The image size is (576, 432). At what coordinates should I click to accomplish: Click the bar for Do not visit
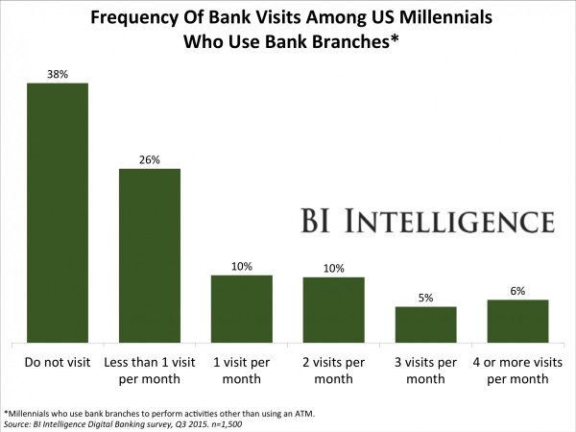pos(57,212)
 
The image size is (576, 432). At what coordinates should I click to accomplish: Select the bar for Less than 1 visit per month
pos(149,254)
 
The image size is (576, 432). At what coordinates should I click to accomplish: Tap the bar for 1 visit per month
pos(242,308)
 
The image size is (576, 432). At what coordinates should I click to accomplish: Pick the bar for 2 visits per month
pos(334,309)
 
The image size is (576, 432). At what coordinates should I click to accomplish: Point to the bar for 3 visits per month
pos(425,324)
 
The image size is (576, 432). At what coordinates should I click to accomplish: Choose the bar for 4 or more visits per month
pos(517,321)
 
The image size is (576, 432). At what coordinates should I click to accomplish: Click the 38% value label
pos(57,74)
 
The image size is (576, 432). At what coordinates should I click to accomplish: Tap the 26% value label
pos(149,159)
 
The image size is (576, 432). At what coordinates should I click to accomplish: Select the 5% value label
pos(425,298)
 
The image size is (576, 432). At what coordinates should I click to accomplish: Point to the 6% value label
pos(517,291)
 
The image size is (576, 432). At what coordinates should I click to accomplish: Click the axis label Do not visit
pos(57,363)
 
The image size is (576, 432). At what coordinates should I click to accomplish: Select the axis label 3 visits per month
pos(425,371)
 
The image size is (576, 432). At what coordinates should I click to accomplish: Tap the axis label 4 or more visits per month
pos(517,371)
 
